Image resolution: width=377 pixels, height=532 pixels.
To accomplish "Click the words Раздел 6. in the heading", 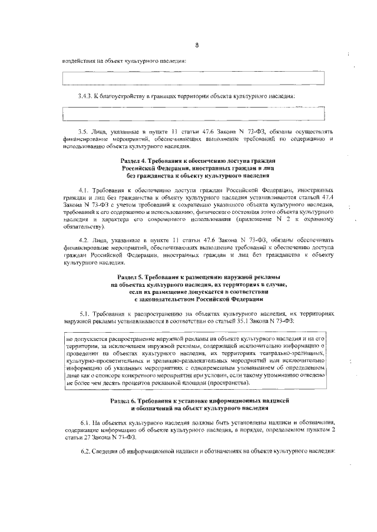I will (125, 400).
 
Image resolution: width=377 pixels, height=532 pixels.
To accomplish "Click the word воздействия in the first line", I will (80, 61).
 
